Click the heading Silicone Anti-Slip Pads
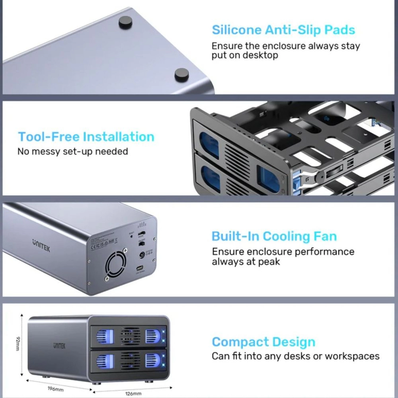click(x=283, y=30)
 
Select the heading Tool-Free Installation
click(x=86, y=137)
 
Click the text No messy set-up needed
click(x=73, y=152)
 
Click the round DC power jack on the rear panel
click(x=142, y=255)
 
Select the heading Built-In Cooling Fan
click(x=274, y=236)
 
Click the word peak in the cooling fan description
click(x=269, y=262)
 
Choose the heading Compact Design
click(x=263, y=342)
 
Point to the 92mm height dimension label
click(x=18, y=344)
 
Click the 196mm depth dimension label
click(x=56, y=389)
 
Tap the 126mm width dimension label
click(x=133, y=393)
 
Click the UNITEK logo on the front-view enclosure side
click(x=59, y=346)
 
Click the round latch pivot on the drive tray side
click(x=320, y=176)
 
